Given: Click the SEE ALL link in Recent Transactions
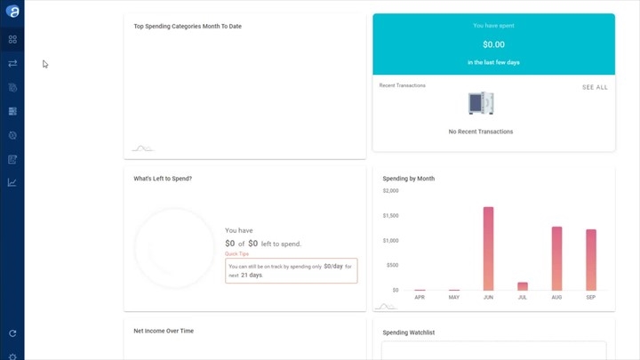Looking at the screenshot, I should (x=595, y=87).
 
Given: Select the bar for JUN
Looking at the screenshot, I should (x=488, y=249).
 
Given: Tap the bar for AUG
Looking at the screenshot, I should (x=556, y=259).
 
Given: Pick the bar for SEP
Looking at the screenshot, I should (x=591, y=260).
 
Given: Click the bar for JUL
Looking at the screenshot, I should (x=523, y=286).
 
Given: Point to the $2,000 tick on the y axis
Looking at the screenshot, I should (x=390, y=190).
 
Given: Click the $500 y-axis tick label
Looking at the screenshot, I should (x=392, y=265).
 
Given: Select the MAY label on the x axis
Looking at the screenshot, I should (x=454, y=297).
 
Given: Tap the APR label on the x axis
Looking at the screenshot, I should (x=420, y=297).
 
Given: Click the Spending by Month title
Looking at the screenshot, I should (x=408, y=179).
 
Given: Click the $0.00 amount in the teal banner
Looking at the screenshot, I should (x=493, y=44).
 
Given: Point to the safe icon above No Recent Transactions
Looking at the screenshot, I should (x=481, y=103).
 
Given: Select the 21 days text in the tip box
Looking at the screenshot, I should (x=251, y=275).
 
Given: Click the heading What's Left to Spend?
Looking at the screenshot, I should (x=163, y=179).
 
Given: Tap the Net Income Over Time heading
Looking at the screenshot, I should (x=164, y=331).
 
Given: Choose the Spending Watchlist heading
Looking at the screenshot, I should (x=408, y=332).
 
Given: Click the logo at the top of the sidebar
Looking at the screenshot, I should (x=12, y=11).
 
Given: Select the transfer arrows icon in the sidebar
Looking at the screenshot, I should (x=12, y=64).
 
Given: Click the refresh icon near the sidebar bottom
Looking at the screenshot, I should (x=12, y=333).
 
